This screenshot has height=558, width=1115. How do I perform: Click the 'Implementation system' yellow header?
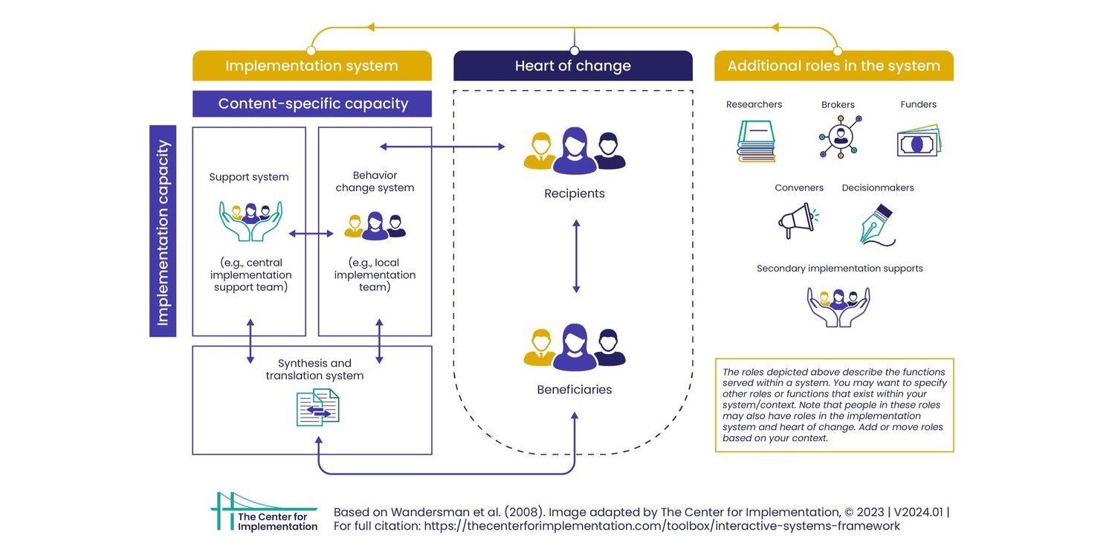click(311, 66)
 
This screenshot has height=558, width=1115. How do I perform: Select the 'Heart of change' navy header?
click(572, 66)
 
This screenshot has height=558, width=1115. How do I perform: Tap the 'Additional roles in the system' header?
click(833, 66)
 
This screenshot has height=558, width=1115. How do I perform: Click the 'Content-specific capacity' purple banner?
click(312, 103)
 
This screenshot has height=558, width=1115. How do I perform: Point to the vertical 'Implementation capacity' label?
click(163, 231)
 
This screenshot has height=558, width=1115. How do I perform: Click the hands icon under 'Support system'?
click(250, 221)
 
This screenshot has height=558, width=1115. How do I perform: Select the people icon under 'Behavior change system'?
click(375, 225)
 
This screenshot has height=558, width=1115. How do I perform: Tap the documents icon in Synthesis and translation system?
click(317, 408)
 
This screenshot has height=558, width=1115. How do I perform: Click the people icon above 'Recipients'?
click(575, 150)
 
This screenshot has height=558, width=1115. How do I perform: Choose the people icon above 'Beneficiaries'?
click(575, 347)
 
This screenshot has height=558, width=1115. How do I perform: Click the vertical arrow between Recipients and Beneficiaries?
click(575, 256)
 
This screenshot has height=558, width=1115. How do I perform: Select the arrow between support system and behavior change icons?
click(311, 234)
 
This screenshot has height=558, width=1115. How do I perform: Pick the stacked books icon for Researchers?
click(757, 141)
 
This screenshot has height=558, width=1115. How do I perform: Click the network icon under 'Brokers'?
click(841, 137)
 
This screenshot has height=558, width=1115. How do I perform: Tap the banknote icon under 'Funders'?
click(918, 141)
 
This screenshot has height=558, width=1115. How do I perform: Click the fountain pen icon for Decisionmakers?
click(878, 225)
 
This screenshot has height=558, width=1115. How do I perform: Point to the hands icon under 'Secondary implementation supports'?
click(838, 306)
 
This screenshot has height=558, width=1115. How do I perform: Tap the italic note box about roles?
click(834, 405)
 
